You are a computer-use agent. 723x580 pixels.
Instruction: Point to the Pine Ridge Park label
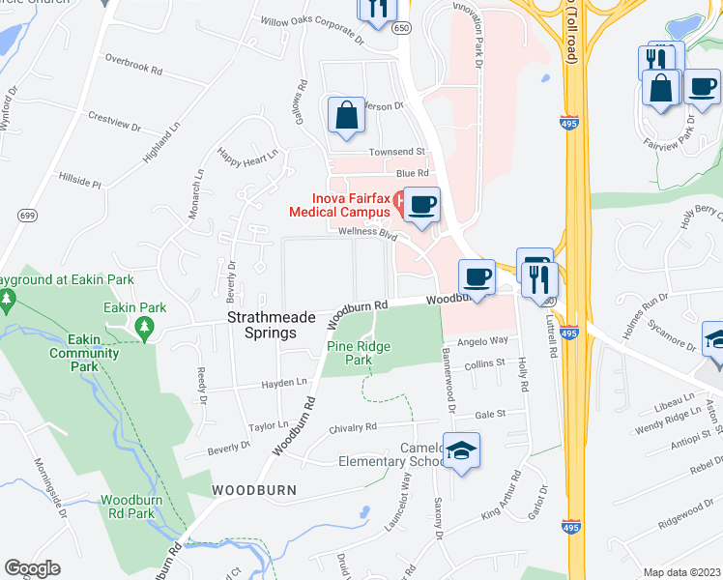click(350, 353)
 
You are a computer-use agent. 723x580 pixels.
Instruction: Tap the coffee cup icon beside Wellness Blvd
click(421, 205)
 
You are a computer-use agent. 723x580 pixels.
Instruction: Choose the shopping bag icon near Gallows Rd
click(346, 115)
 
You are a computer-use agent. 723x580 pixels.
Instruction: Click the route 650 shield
click(401, 29)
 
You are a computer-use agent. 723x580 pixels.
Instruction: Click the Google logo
click(32, 568)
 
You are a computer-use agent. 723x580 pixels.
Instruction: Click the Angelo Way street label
click(482, 340)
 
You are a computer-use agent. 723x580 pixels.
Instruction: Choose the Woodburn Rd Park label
click(128, 507)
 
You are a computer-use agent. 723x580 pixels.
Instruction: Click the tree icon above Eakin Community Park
click(146, 328)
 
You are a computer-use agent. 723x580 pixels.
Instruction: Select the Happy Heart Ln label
click(247, 154)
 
